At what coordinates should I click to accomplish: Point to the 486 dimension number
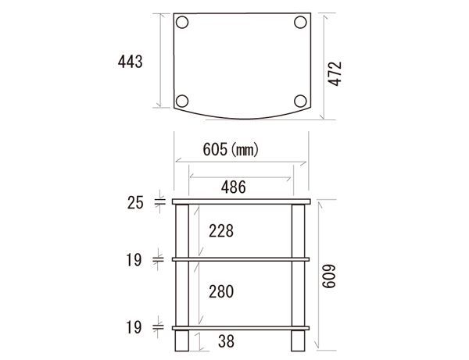pyautogui.click(x=232, y=187)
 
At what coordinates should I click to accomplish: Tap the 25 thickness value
pyautogui.click(x=135, y=203)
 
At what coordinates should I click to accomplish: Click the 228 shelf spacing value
pyautogui.click(x=220, y=231)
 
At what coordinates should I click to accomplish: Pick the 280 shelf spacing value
pyautogui.click(x=221, y=290)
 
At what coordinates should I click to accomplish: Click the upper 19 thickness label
pyautogui.click(x=134, y=260)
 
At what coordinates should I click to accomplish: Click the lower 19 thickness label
pyautogui.click(x=134, y=327)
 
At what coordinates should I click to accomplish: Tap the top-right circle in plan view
pyautogui.click(x=301, y=23)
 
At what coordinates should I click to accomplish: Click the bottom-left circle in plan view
pyautogui.click(x=182, y=100)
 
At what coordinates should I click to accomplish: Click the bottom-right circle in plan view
pyautogui.click(x=301, y=100)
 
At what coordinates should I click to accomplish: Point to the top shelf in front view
pyautogui.click(x=242, y=203)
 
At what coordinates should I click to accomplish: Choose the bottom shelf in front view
pyautogui.click(x=242, y=326)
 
